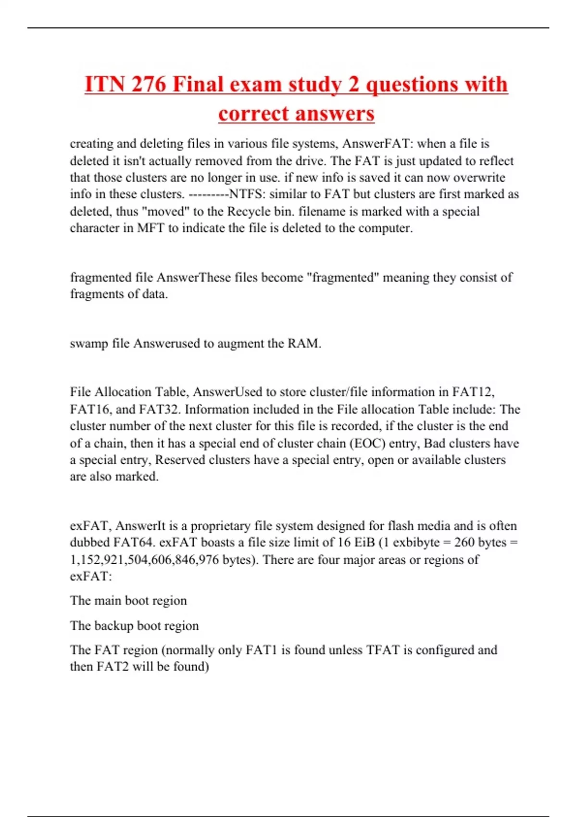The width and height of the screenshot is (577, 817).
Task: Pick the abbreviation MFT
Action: coord(151,228)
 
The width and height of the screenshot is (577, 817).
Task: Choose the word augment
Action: coord(240,344)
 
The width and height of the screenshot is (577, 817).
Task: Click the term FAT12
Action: coord(474,392)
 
